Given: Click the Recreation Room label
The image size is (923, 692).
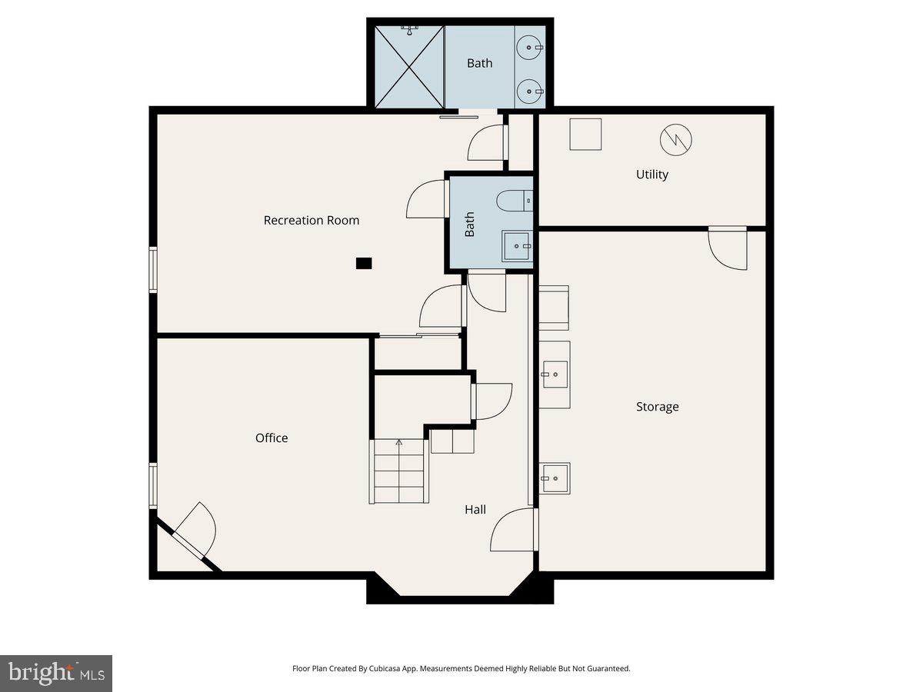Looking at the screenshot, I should click(311, 221).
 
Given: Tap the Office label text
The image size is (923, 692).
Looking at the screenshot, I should click(272, 438).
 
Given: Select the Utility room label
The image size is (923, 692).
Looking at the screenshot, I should click(651, 175).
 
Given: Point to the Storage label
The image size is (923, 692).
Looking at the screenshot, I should click(657, 407).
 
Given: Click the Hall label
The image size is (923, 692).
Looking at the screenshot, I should click(475, 510).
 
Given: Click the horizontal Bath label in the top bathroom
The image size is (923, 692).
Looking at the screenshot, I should click(479, 63).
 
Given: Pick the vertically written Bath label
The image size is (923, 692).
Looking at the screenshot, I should click(469, 224).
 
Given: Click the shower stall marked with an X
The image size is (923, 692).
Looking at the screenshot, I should click(409, 68).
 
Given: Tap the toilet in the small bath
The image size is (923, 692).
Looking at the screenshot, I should click(514, 201).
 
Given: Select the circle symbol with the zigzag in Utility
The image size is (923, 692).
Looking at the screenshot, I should click(675, 139).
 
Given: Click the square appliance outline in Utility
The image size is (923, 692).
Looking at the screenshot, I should click(585, 134).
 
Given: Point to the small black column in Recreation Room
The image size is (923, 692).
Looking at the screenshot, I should click(364, 263).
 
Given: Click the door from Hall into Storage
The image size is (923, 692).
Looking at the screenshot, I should click(514, 530).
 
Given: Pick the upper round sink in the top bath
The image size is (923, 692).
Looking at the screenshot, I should click(530, 48).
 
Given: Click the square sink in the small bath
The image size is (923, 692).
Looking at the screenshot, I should click(517, 246).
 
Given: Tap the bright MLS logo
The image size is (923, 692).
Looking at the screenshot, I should click(56, 674).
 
